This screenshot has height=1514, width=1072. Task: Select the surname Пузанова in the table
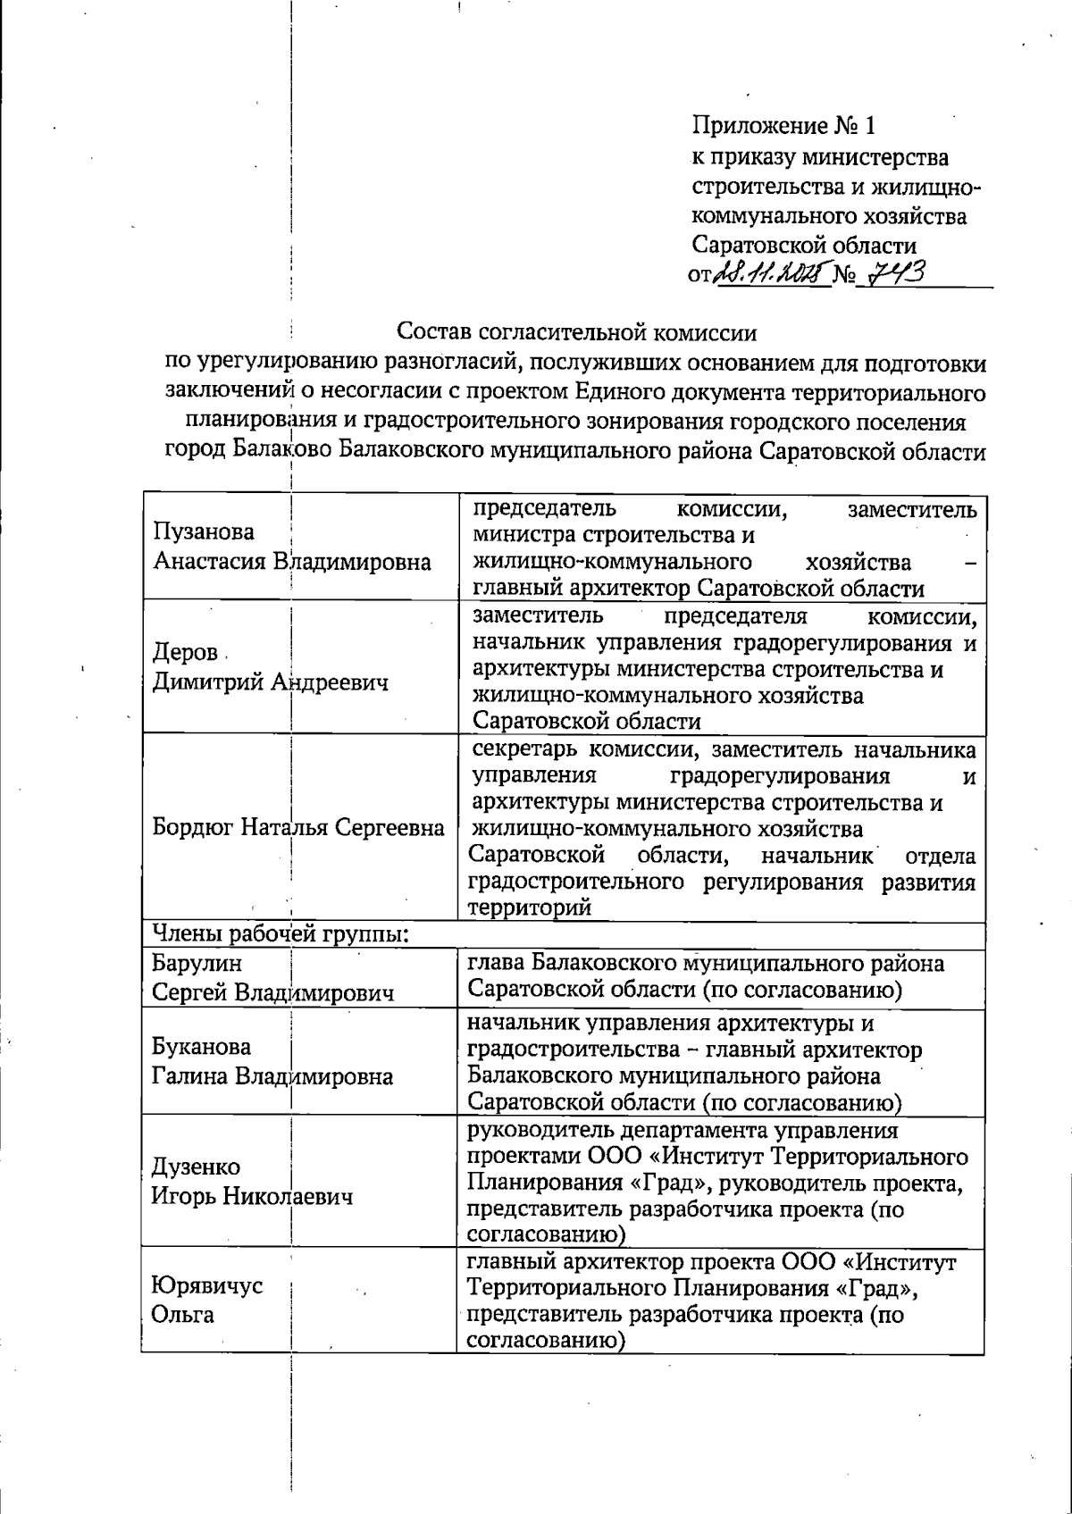204,532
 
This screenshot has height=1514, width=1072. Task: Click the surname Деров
185,653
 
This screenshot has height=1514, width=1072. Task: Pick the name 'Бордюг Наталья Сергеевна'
298,827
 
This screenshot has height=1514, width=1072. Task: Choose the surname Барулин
197,964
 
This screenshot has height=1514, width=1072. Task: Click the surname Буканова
201,1046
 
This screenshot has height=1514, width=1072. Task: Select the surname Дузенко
196,1167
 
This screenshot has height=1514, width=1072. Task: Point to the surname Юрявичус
207,1286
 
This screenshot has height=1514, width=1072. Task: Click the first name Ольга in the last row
183,1316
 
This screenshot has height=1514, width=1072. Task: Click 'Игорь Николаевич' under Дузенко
252,1197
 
